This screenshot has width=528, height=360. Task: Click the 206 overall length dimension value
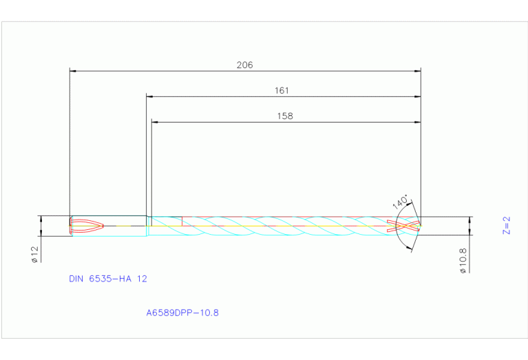244,65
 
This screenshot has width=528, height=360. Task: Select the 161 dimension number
282,91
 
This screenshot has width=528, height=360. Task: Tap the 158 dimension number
285,116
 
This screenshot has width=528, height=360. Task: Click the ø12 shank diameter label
33,254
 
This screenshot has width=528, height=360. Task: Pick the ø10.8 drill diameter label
463,260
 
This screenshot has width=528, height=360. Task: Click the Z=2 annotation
506,226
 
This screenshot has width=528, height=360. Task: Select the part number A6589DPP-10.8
182,313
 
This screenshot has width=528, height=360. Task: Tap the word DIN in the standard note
76,279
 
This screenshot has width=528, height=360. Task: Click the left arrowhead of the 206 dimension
73,70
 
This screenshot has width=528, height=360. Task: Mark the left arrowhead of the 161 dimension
149,96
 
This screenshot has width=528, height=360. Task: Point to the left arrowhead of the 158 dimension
154,122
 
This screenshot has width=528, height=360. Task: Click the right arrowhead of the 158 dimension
417,122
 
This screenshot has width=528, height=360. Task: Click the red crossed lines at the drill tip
403,226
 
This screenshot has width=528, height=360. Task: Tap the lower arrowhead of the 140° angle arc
412,246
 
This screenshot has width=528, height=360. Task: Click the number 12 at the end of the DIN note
142,279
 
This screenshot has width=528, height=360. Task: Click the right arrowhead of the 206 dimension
417,70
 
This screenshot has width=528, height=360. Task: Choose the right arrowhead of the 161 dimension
417,96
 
